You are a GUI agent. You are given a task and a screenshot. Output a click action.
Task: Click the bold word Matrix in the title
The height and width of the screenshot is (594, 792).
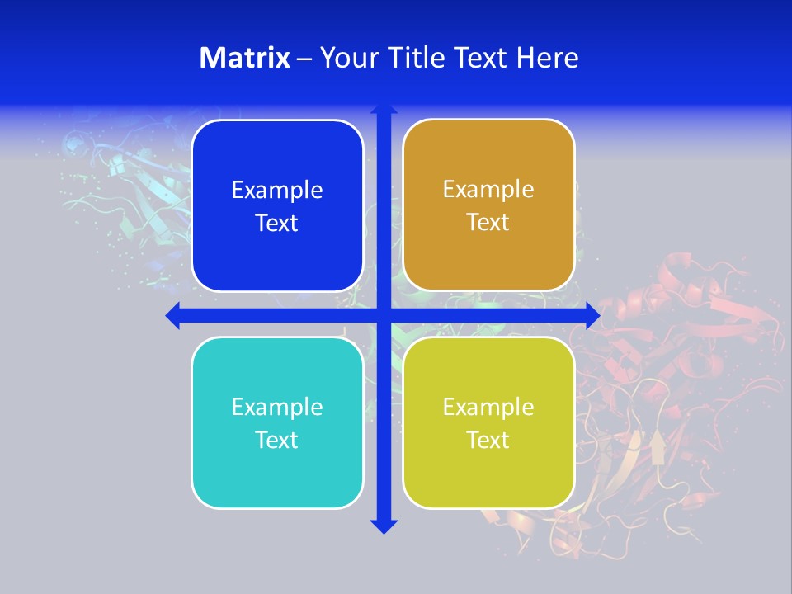[245, 58]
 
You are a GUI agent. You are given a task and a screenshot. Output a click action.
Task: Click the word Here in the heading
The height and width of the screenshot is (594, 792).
[547, 58]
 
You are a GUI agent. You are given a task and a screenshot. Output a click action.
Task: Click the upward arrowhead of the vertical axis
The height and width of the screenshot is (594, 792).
[384, 108]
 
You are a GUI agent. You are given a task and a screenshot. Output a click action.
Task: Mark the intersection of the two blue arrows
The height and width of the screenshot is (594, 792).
[384, 315]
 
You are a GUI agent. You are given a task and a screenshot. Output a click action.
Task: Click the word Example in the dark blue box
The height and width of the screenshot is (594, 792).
[277, 191]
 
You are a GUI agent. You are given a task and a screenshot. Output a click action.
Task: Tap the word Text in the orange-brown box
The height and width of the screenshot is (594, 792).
[488, 223]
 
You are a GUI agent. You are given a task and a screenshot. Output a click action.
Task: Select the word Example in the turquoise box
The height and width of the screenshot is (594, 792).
[277, 408]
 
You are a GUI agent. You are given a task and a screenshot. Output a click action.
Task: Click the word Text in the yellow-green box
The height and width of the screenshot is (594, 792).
[488, 441]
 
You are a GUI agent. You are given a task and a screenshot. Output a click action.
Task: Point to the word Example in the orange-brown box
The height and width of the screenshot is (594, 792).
[488, 190]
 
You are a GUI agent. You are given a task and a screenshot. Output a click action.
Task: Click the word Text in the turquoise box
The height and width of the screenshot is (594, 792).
[277, 441]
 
